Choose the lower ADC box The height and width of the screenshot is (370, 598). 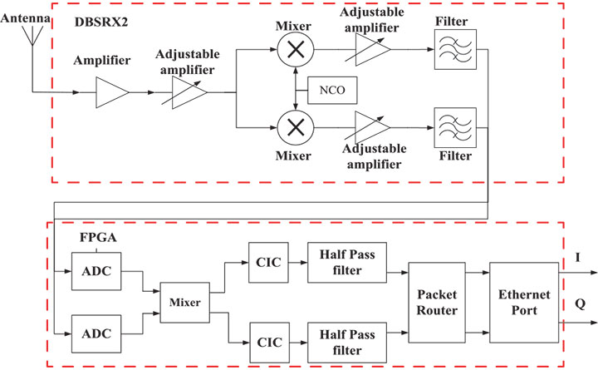point(96,336)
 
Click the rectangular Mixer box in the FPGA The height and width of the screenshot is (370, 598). point(185,304)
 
